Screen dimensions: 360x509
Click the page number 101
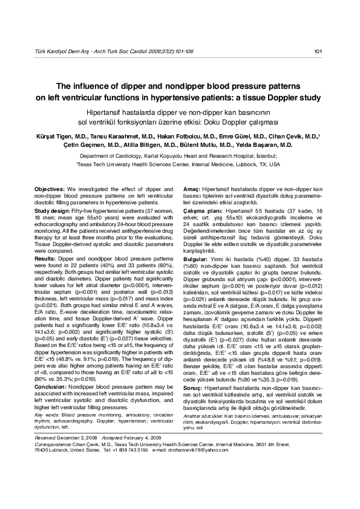pos(318,51)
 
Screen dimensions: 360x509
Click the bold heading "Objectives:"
pos(50,189)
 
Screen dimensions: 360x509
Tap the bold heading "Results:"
pos(46,258)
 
